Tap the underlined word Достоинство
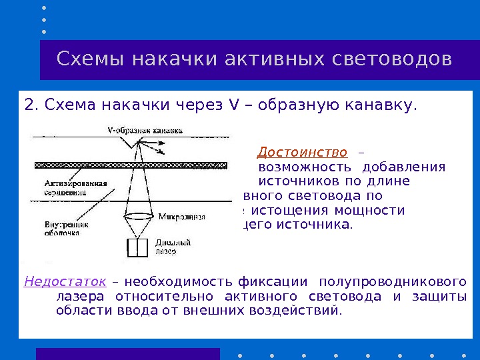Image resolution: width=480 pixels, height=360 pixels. (x=302, y=152)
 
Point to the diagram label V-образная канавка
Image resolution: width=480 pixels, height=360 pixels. (x=145, y=131)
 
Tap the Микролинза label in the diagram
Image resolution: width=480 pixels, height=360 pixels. (x=181, y=217)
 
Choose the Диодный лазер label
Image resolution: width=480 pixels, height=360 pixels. (x=173, y=247)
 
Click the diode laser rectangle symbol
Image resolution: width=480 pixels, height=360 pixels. (x=137, y=247)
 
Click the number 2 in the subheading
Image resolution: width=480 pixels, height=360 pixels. (x=28, y=105)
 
